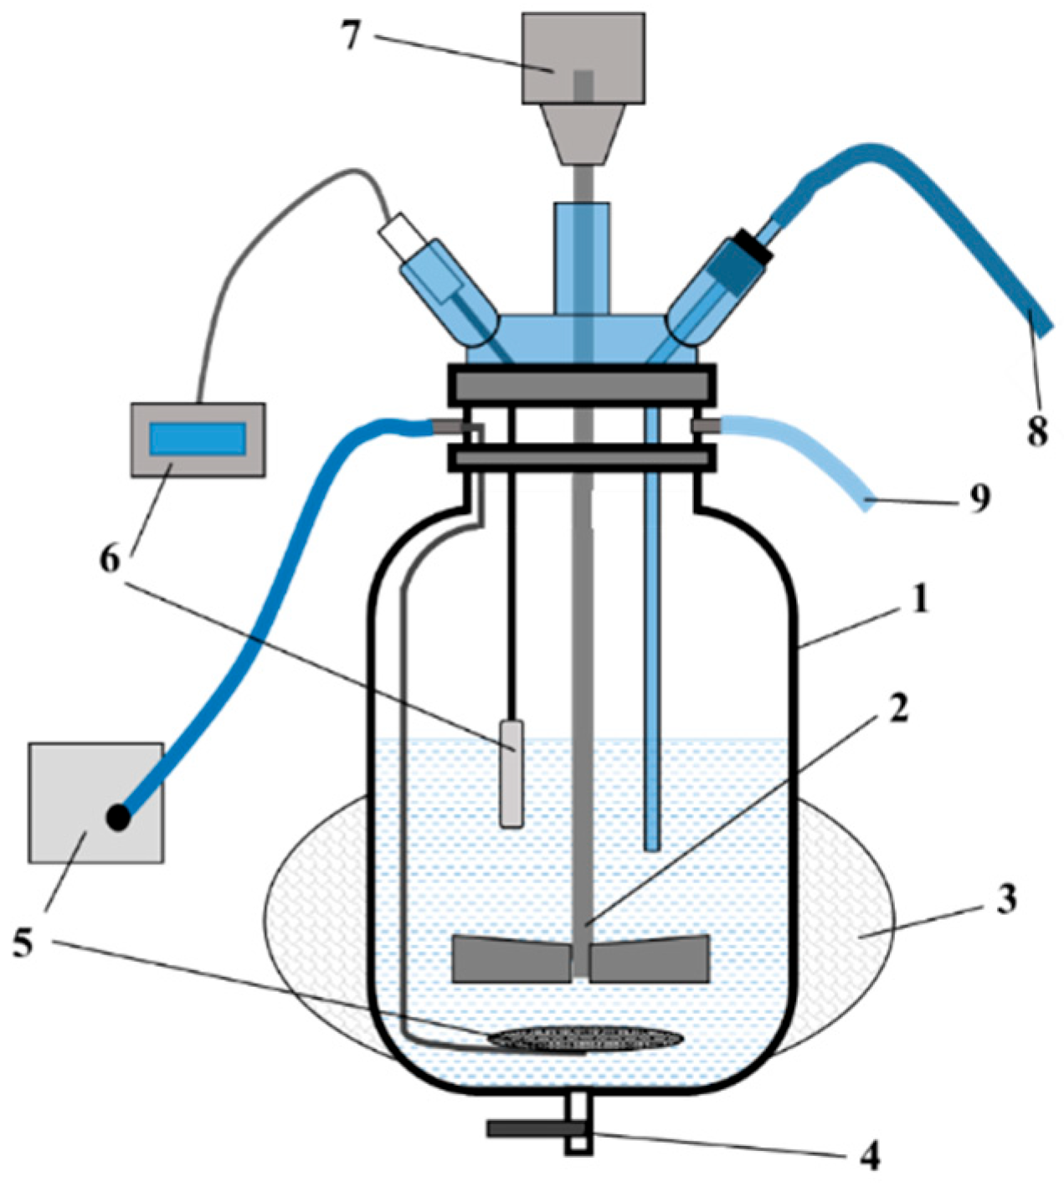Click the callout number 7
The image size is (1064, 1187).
(351, 36)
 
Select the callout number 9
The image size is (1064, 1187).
(979, 497)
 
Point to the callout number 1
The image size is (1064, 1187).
(921, 599)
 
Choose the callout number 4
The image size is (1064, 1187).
(870, 1157)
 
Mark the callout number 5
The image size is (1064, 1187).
(23, 943)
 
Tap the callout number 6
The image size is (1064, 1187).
(110, 559)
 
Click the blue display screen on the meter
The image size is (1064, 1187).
(198, 439)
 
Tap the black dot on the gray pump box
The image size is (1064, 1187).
(118, 817)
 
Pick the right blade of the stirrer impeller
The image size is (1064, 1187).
(650, 958)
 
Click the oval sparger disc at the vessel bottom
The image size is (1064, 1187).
(586, 1038)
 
